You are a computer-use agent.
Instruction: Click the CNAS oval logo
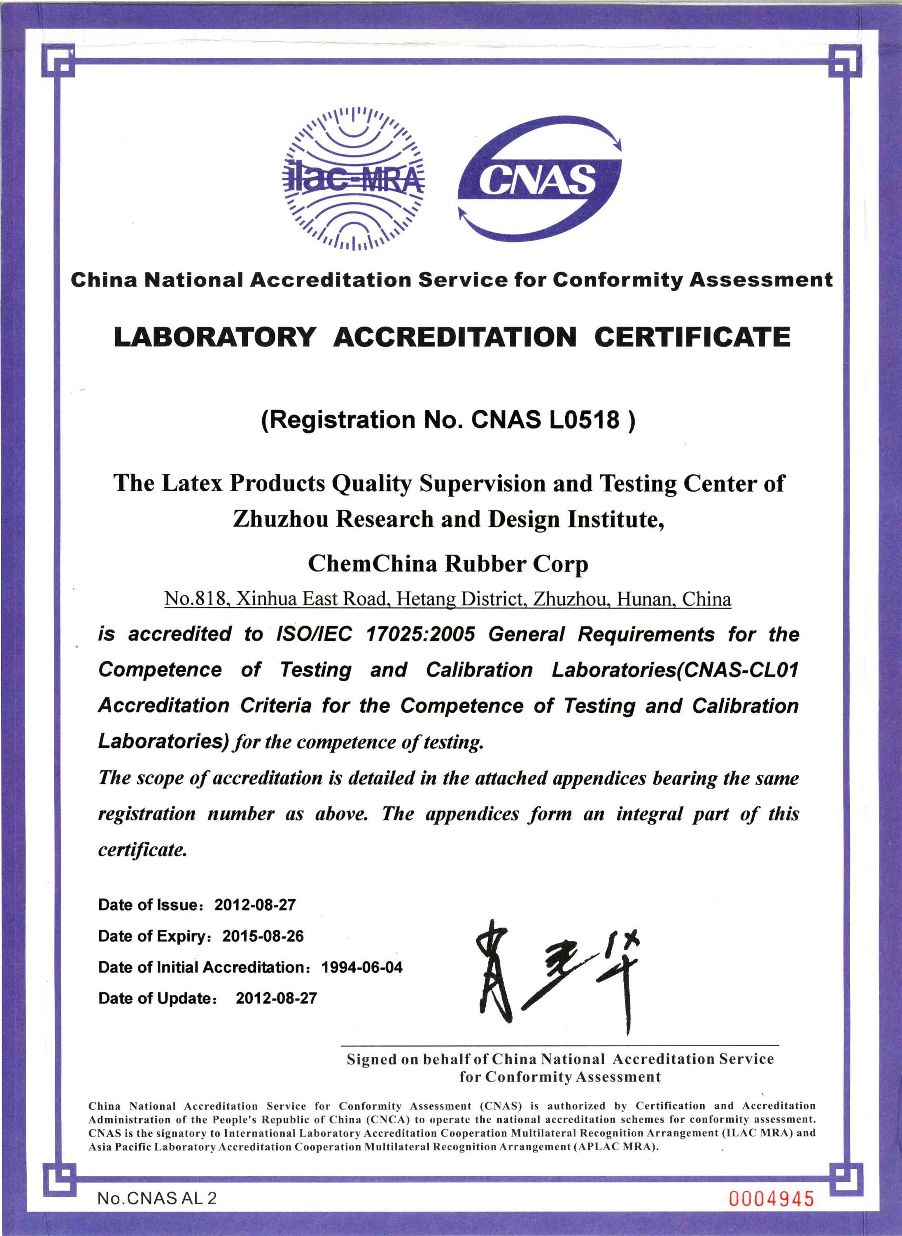click(x=539, y=179)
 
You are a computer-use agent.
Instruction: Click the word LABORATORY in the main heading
click(x=214, y=337)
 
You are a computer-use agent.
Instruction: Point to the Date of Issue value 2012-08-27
click(x=255, y=905)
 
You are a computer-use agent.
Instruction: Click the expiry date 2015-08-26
click(x=263, y=936)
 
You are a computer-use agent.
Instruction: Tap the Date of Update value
click(x=276, y=998)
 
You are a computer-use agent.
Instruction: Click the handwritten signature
click(x=557, y=975)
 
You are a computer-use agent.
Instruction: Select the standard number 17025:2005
click(x=420, y=634)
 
